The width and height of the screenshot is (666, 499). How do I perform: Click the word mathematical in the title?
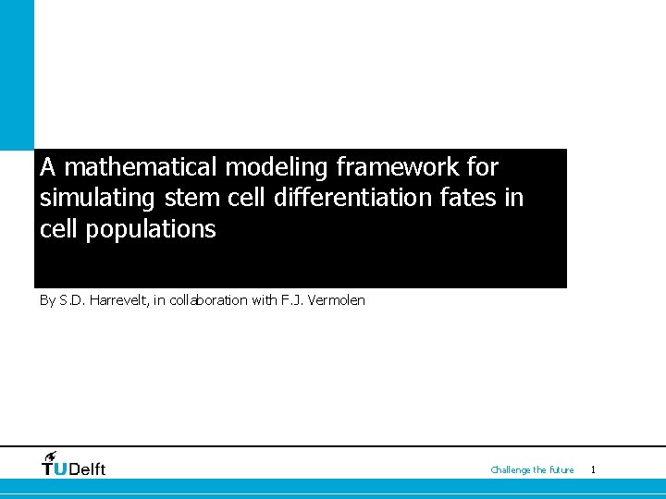click(x=142, y=167)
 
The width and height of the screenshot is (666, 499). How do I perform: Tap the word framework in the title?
click(x=404, y=167)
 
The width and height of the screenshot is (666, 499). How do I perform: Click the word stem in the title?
click(x=189, y=199)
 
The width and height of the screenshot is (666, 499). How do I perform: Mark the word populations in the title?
click(x=150, y=230)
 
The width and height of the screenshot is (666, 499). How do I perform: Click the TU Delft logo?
click(x=74, y=465)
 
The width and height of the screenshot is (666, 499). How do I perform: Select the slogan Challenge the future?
click(x=532, y=470)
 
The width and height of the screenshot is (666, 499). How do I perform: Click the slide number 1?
click(x=593, y=470)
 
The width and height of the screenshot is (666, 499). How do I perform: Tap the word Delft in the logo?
click(x=88, y=469)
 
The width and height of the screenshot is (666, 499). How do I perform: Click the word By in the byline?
click(x=47, y=300)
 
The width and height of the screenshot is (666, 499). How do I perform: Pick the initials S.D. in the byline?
click(x=71, y=300)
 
